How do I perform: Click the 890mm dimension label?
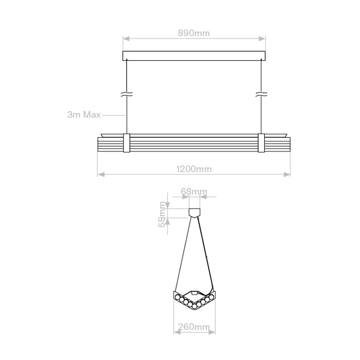pyautogui.click(x=194, y=33)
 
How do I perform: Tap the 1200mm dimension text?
pyautogui.click(x=194, y=169)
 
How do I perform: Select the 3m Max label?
pyautogui.click(x=84, y=115)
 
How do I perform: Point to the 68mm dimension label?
pyautogui.click(x=194, y=191)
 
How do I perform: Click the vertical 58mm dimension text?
pyautogui.click(x=162, y=214)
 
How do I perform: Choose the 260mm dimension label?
pyautogui.click(x=194, y=327)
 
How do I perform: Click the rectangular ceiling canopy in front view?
pyautogui.click(x=194, y=56)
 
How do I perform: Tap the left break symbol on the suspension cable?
pyautogui.click(x=127, y=94)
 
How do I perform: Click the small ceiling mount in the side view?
pyautogui.click(x=194, y=212)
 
